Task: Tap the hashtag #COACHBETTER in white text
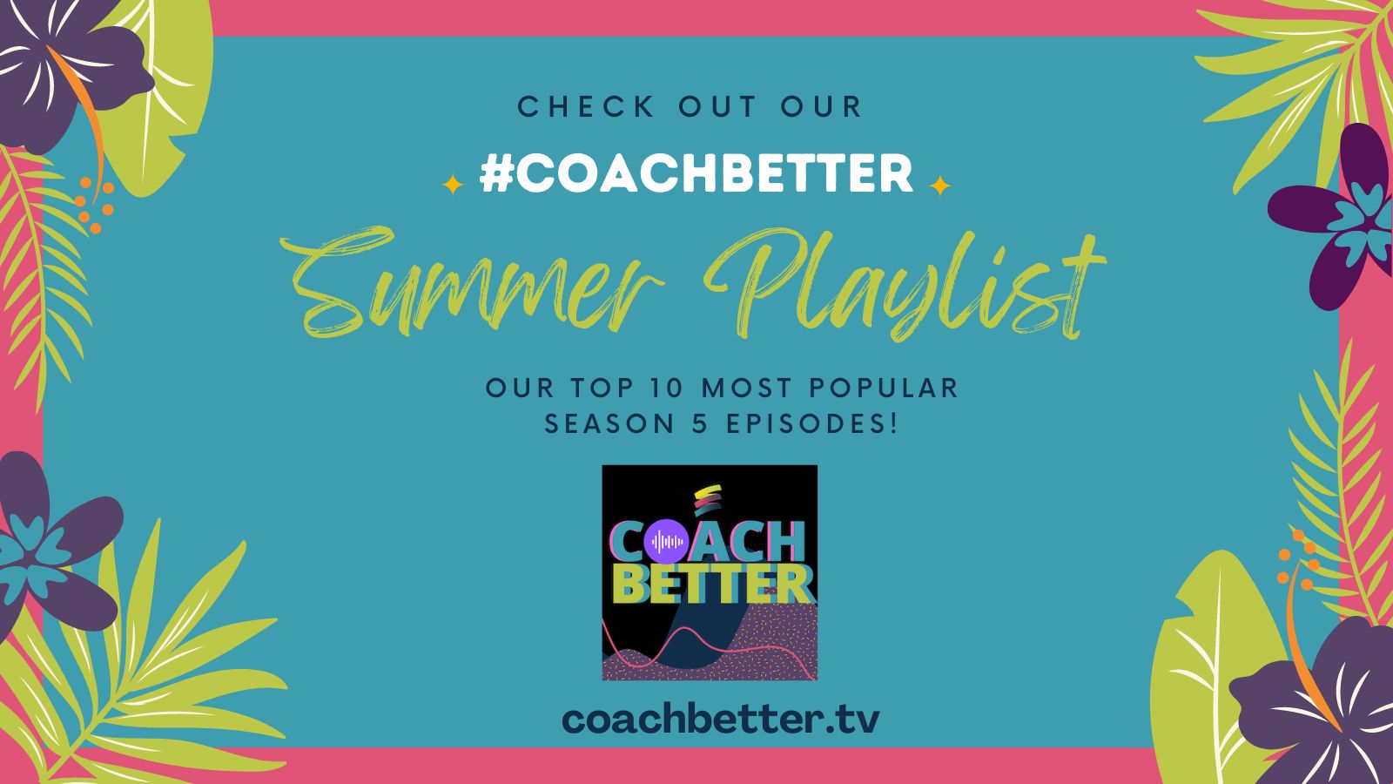coord(696,174)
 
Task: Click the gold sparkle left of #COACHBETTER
coord(453,185)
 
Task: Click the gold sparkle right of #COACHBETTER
coord(939,186)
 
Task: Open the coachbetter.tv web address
coord(721,719)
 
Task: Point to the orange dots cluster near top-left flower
coord(94,206)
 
